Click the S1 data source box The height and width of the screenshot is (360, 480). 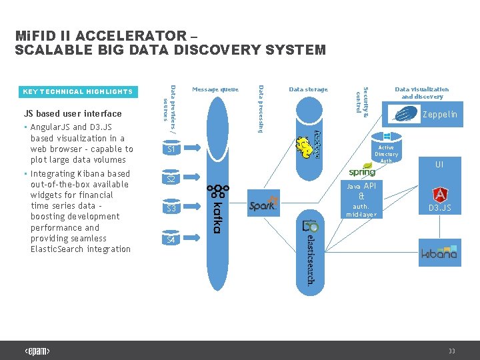click(x=171, y=149)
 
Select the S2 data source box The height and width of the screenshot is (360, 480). click(x=171, y=179)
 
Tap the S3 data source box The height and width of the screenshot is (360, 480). click(x=171, y=209)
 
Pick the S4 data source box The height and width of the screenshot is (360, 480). click(x=171, y=239)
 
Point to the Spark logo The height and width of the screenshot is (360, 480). click(x=262, y=205)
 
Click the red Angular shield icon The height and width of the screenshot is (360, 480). click(x=440, y=195)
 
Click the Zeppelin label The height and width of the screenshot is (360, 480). click(x=440, y=115)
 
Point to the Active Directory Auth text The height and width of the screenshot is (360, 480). click(x=386, y=154)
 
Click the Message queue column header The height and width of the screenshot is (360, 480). click(x=215, y=89)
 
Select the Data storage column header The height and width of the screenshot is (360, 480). click(x=308, y=89)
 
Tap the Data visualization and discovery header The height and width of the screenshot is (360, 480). click(x=421, y=93)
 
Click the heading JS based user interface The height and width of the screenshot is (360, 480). click(x=73, y=113)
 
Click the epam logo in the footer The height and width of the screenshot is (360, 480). click(x=37, y=351)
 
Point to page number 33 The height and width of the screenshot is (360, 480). click(x=452, y=351)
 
